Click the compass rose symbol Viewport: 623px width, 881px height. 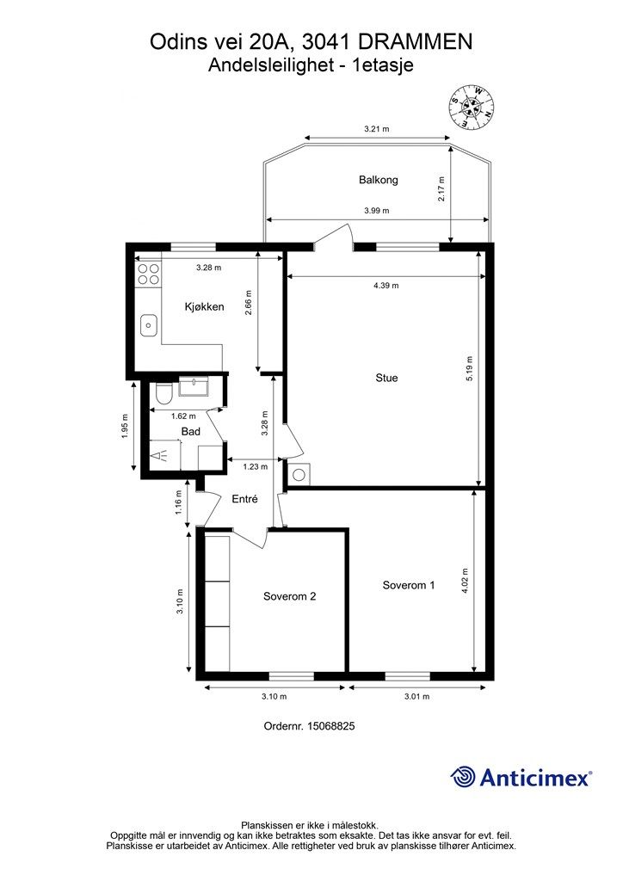tap(472, 106)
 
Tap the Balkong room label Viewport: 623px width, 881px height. tap(378, 180)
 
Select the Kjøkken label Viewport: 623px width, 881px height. tap(205, 307)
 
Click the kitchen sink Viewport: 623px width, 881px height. tap(149, 324)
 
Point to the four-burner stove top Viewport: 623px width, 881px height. tap(148, 274)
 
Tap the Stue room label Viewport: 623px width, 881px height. tap(386, 379)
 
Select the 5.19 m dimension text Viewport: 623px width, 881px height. tap(470, 368)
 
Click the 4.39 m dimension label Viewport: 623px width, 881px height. tap(386, 286)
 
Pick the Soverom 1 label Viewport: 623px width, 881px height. tap(409, 585)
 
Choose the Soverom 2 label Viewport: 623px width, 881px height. tap(289, 597)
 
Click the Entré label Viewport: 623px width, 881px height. tap(245, 499)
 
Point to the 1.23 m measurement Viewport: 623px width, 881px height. tap(255, 466)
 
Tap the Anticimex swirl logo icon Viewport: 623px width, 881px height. tap(462, 777)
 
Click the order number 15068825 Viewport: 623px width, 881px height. tap(330, 726)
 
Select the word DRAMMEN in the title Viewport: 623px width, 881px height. tap(415, 42)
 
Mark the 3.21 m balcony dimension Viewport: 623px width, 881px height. tap(376, 129)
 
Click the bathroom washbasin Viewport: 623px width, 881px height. tap(194, 386)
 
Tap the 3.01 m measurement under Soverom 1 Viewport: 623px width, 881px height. tap(416, 697)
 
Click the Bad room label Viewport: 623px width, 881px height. tap(191, 432)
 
